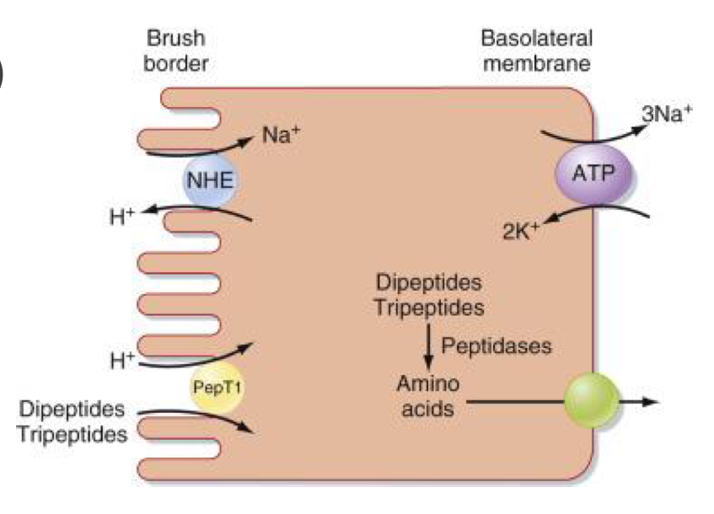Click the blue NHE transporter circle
pos(210,179)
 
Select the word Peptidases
pos(497,345)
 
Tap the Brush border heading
pos(175,51)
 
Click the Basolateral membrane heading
pos(536,51)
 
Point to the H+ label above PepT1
pos(123,361)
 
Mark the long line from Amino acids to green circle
pos(514,400)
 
